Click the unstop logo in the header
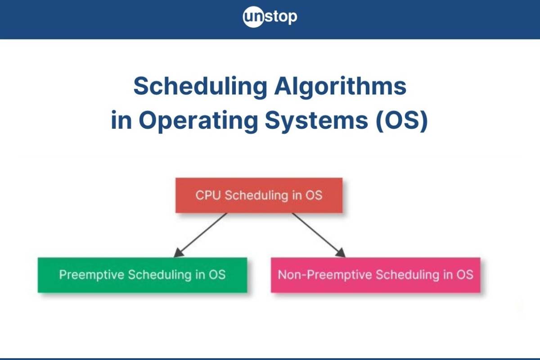270,17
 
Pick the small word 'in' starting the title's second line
121,120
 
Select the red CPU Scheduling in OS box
259,195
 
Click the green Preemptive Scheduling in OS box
143,275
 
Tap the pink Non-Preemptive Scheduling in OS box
376,275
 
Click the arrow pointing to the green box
200,235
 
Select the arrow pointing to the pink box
319,235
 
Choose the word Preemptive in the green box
92,275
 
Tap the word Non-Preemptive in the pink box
325,275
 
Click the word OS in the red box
314,195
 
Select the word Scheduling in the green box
160,275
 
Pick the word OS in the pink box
465,275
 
